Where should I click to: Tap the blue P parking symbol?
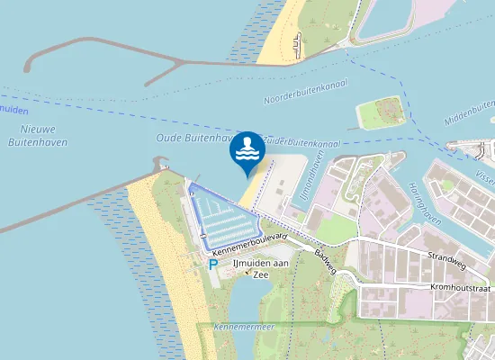click(212, 265)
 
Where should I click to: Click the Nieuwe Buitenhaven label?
click(32, 135)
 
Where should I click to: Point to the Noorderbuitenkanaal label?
click(307, 94)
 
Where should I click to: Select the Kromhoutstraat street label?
click(460, 288)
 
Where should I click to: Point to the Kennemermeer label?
click(245, 326)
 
